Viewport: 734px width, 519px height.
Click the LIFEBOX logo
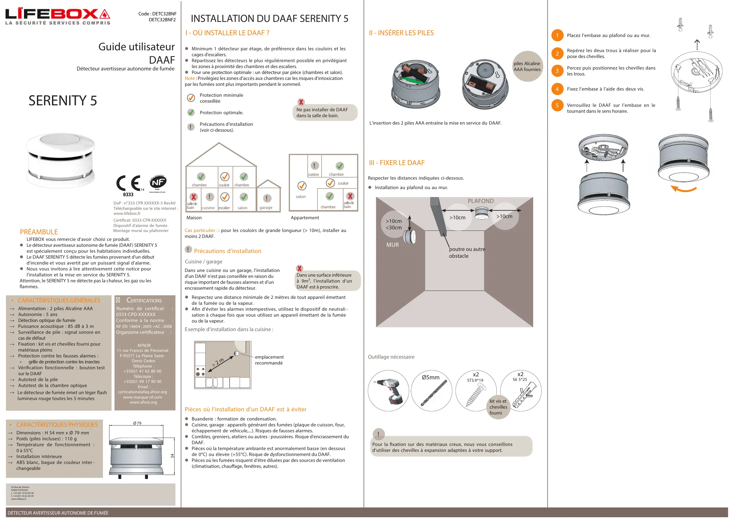click(58, 16)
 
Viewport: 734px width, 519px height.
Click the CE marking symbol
click(128, 183)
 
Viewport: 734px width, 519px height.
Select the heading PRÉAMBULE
click(39, 232)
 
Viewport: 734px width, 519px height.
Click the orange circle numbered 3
click(557, 71)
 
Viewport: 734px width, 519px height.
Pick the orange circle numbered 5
click(557, 105)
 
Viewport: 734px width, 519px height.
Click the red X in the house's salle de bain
click(193, 197)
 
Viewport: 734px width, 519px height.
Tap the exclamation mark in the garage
click(267, 198)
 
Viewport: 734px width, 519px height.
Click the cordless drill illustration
click(388, 391)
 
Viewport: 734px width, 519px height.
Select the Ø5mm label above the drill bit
click(431, 377)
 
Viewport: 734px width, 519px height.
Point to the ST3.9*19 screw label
click(475, 380)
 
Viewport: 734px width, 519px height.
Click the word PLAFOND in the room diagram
click(480, 201)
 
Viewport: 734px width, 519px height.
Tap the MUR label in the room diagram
click(392, 245)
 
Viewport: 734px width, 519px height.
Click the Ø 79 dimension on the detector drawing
click(137, 423)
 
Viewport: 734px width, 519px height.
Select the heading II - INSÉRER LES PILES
click(401, 33)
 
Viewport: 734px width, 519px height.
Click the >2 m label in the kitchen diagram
click(218, 363)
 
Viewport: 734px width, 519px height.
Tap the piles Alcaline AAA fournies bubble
click(527, 67)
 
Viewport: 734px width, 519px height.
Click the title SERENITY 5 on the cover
click(63, 101)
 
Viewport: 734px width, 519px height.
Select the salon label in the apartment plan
click(301, 197)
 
